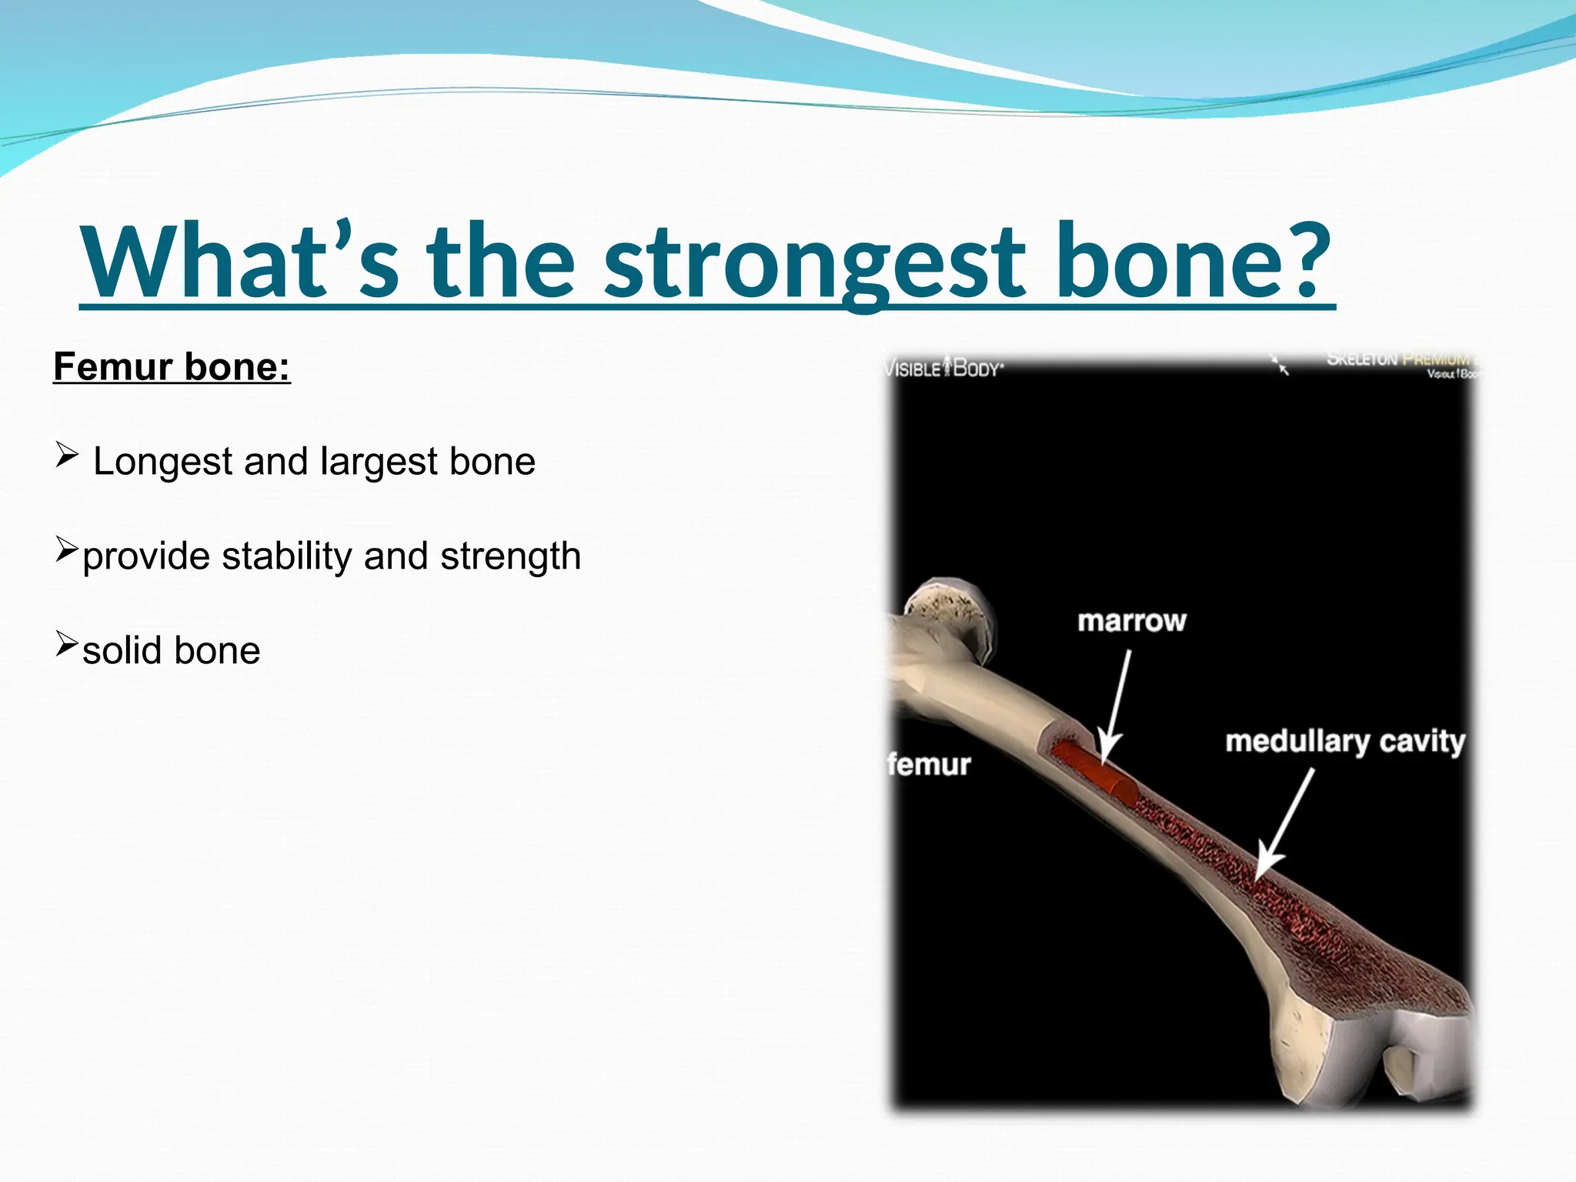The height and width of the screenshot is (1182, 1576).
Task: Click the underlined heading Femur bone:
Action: click(x=172, y=366)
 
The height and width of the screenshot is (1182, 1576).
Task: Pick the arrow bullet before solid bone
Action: click(x=67, y=643)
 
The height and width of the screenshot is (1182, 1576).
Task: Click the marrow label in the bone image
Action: click(x=1131, y=621)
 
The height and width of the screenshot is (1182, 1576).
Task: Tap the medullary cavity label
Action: click(x=1344, y=741)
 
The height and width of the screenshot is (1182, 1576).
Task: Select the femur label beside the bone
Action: click(x=929, y=764)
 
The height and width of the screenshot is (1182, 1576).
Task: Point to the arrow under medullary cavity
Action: click(x=1285, y=823)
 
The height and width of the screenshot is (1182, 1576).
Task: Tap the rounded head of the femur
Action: click(x=950, y=616)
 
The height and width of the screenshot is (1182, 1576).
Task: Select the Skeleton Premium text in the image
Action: click(x=1397, y=359)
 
